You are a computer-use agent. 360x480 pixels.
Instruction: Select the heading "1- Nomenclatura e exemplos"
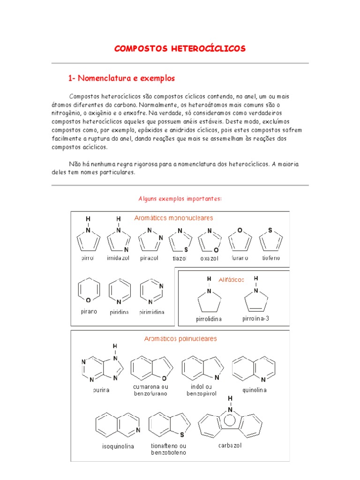point(121,78)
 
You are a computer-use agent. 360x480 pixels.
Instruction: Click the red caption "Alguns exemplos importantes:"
point(180,199)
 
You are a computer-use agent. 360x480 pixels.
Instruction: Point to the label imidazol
point(119,258)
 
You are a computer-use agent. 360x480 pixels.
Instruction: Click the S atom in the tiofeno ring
point(270,231)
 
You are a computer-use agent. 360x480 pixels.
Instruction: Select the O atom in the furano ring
point(240,231)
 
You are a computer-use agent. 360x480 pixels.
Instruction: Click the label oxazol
point(210,258)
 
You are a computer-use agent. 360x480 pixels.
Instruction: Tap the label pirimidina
point(152,312)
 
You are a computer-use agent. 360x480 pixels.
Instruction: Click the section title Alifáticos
point(231,280)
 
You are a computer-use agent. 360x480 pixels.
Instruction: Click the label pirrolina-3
point(256,319)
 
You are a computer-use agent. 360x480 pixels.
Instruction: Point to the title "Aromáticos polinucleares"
point(180,338)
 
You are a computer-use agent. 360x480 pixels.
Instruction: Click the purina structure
point(101,368)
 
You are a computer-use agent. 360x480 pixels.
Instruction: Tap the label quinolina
point(255,390)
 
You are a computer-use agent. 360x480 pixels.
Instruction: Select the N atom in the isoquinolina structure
point(137,430)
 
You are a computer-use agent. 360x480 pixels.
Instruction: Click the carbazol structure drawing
point(230,423)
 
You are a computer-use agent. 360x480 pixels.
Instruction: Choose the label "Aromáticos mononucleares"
point(173,218)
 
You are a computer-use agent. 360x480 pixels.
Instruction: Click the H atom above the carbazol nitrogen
point(230,398)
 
